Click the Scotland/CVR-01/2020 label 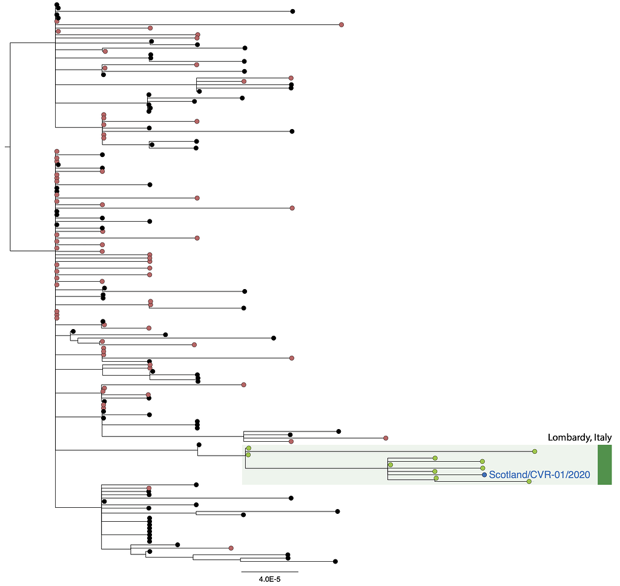click(x=539, y=474)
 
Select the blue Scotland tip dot click(x=484, y=475)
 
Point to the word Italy click(x=603, y=438)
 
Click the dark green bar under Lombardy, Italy click(x=605, y=465)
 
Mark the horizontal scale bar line click(x=269, y=571)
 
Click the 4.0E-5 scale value click(x=269, y=579)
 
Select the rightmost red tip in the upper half click(x=341, y=25)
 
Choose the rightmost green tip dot click(x=535, y=451)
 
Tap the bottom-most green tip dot click(x=529, y=482)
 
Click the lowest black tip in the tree click(x=335, y=562)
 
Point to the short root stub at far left click(x=7, y=147)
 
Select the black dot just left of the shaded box click(x=199, y=445)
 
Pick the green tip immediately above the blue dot click(x=483, y=468)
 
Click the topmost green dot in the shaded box click(x=249, y=448)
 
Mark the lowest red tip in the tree click(x=231, y=548)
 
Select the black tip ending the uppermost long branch click(x=292, y=12)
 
